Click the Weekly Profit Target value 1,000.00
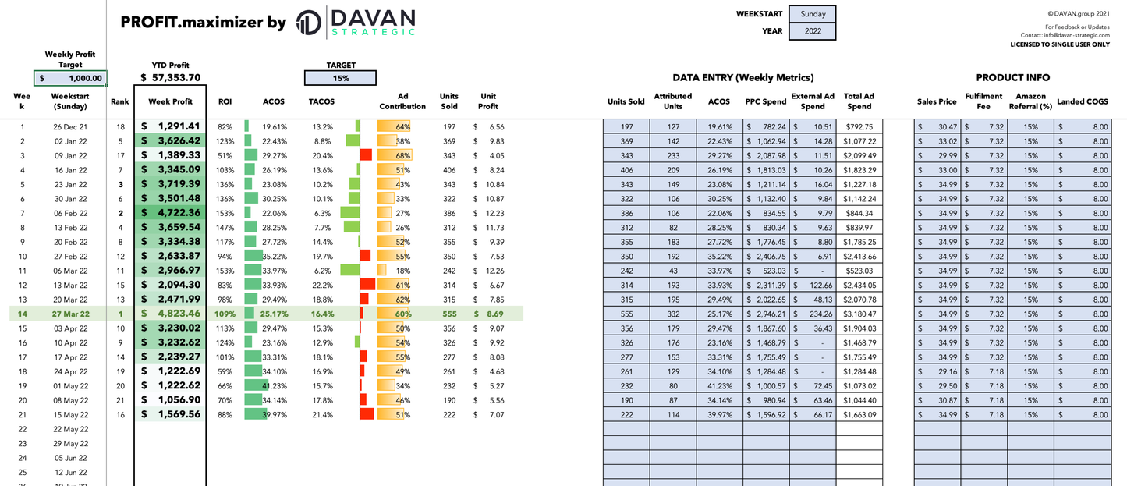tap(71, 78)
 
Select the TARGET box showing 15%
tap(340, 78)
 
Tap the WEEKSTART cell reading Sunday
tap(812, 14)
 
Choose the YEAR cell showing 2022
tap(812, 31)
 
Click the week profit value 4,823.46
tap(171, 314)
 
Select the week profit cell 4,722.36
tap(171, 213)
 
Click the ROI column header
tap(225, 101)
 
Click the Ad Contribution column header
tap(402, 101)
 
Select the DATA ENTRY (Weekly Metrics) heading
tap(742, 78)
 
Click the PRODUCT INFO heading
tap(1012, 78)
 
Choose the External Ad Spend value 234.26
tap(813, 314)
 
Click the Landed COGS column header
tap(1082, 101)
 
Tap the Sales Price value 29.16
tap(938, 371)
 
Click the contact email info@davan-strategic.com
tap(1076, 35)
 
